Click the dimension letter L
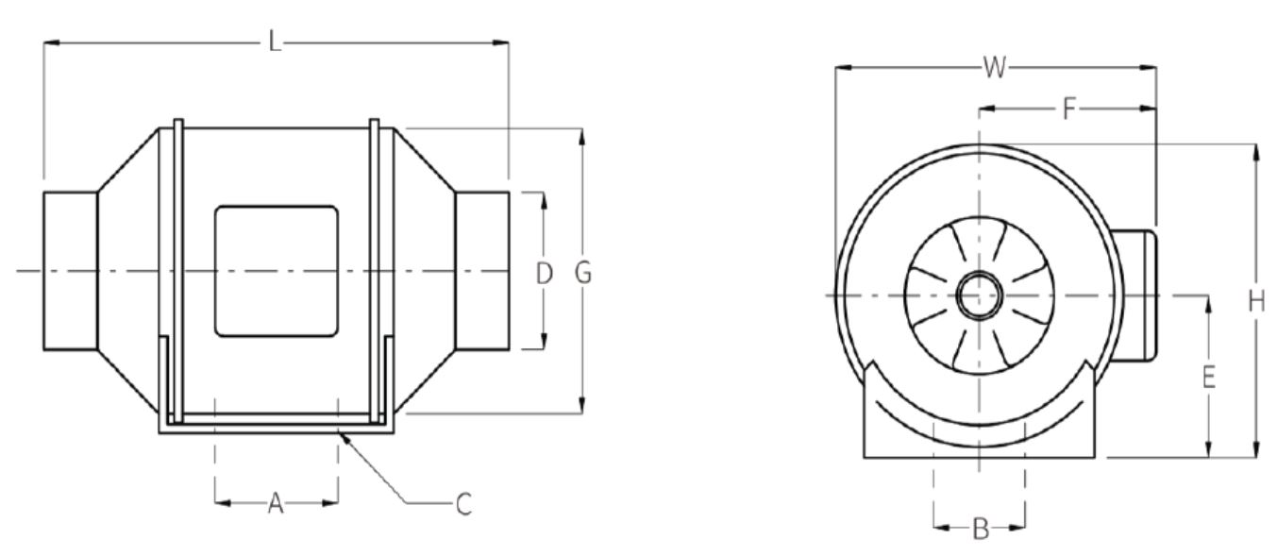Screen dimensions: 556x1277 pos(275,43)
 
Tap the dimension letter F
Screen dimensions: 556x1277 pos(1067,109)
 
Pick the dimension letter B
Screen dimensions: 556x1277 pos(980,530)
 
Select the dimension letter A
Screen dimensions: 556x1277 pos(275,504)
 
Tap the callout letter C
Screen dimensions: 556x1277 pos(462,504)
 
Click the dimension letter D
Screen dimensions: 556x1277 pos(544,274)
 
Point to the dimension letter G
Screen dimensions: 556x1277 pos(583,273)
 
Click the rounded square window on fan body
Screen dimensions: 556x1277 pos(276,272)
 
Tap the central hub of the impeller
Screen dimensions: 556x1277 pos(979,296)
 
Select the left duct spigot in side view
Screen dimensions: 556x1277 pos(70,271)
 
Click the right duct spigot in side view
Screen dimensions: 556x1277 pos(482,271)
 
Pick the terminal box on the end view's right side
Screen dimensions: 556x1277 pos(1136,295)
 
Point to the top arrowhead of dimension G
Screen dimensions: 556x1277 pos(583,133)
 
